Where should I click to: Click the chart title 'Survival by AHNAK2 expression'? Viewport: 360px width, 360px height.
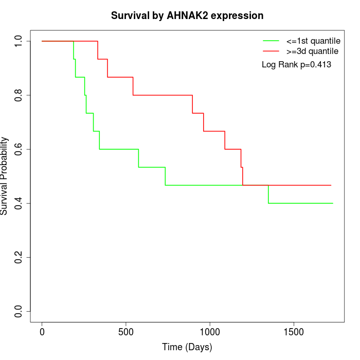pyautogui.click(x=187, y=16)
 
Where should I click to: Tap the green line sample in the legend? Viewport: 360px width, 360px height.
pyautogui.click(x=271, y=41)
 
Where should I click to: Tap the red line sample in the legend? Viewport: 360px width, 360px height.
pyautogui.click(x=271, y=51)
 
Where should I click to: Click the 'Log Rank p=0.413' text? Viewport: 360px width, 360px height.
pyautogui.click(x=296, y=65)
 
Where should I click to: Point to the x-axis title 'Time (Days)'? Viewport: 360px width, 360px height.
pyautogui.click(x=187, y=347)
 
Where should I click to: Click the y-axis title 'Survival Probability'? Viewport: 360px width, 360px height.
pyautogui.click(x=5, y=176)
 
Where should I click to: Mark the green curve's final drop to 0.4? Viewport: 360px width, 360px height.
pyautogui.click(x=268, y=194)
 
